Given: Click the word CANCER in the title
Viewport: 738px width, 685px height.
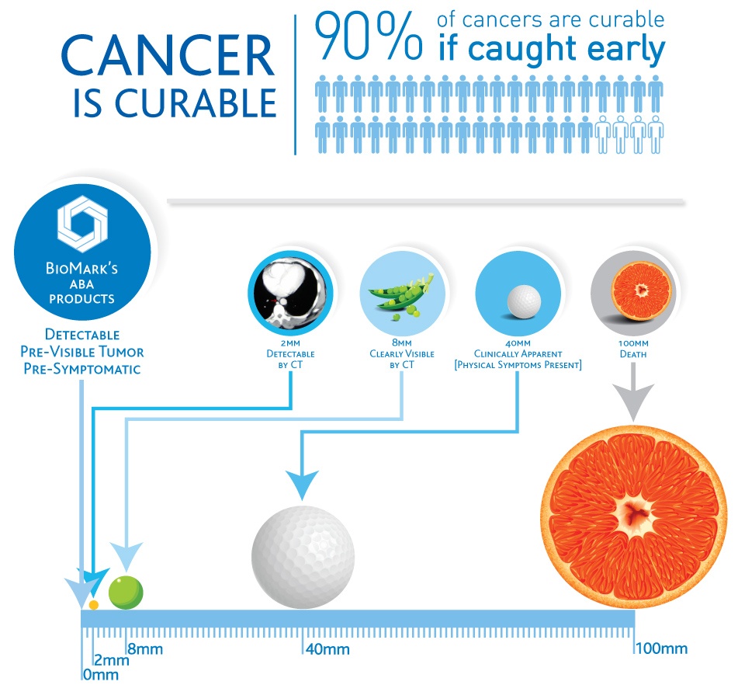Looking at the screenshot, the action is (x=168, y=56).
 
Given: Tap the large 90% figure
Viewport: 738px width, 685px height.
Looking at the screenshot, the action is (x=369, y=37).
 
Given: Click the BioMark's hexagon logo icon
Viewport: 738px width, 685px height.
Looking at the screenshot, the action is (x=82, y=224).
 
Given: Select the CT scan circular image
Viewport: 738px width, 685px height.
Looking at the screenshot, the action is (x=290, y=292).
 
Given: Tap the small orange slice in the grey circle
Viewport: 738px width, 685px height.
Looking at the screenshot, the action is (x=641, y=290).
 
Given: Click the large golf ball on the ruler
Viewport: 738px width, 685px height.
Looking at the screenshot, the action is (x=303, y=557).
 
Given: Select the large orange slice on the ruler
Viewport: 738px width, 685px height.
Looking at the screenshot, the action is (x=634, y=516).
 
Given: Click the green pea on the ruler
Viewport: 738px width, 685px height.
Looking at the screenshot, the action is (x=126, y=593).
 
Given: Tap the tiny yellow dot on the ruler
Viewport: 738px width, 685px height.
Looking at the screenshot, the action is (x=94, y=605).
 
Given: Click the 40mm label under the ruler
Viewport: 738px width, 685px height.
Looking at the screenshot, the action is (x=327, y=650).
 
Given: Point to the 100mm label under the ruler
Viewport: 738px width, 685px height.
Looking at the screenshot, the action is (x=662, y=648).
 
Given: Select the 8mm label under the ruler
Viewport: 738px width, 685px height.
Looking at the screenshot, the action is (x=145, y=649).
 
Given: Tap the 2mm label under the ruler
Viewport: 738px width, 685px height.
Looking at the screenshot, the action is (x=112, y=660).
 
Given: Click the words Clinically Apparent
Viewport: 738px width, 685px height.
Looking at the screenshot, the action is (x=518, y=354).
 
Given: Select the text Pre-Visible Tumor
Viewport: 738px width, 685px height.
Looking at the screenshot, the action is (x=82, y=352).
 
